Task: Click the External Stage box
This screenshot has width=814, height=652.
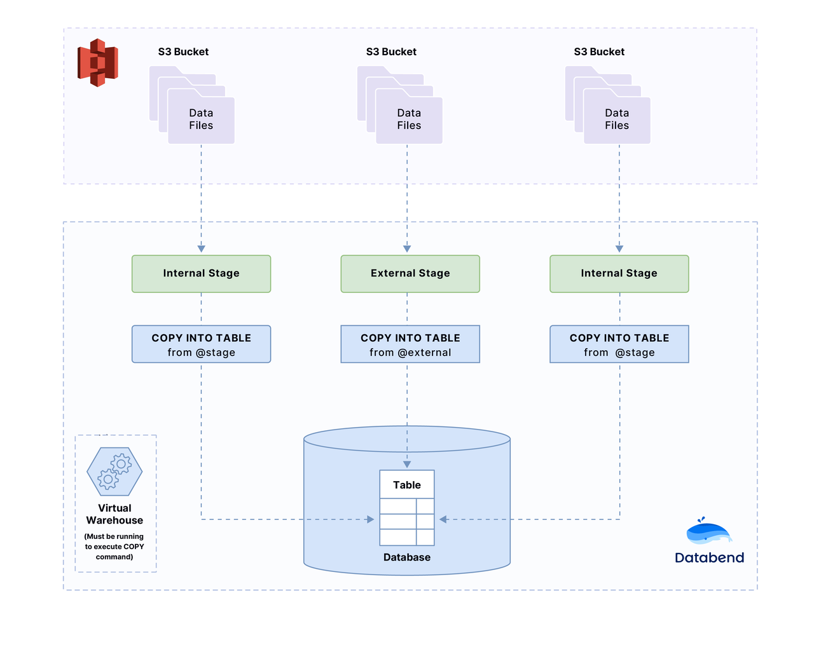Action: pos(410,274)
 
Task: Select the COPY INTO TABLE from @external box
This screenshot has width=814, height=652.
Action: pos(410,344)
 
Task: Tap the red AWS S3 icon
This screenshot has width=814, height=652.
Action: pos(97,62)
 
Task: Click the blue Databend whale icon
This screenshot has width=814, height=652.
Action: pos(708,531)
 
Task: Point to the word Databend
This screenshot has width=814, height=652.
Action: pos(709,558)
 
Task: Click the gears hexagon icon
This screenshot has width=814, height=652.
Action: pos(114,472)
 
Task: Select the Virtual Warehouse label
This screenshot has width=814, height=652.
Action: pos(114,514)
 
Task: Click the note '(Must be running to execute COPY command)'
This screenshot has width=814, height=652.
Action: pos(114,547)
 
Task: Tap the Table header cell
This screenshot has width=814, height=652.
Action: pos(407,485)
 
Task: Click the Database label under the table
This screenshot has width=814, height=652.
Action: pos(407,557)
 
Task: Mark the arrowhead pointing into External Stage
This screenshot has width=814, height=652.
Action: pos(407,249)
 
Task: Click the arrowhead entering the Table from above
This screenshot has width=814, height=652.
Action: pos(407,465)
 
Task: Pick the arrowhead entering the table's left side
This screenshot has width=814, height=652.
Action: pos(371,519)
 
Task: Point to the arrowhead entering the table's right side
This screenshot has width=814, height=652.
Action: pos(443,519)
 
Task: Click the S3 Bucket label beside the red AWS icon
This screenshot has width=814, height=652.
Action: pos(183,52)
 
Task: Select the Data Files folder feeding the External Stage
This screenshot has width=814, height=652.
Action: pos(408,119)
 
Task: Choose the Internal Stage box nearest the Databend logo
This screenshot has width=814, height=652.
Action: pos(619,274)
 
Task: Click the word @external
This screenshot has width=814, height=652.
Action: pos(424,353)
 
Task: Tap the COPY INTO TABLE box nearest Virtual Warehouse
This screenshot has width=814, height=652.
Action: pos(201,344)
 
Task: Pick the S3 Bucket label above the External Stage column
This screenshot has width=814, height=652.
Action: pos(391,52)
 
